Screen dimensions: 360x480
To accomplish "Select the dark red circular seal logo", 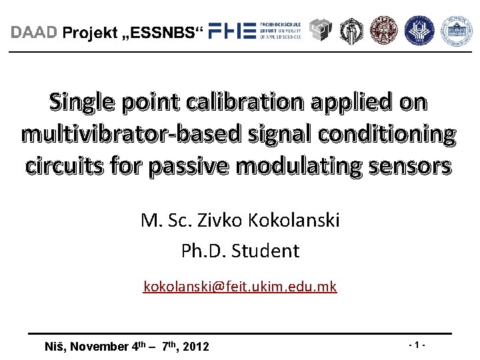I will pos(383,29).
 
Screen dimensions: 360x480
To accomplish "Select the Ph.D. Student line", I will pos(240,251).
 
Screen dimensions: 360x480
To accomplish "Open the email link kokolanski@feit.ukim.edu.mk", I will pos(240,287).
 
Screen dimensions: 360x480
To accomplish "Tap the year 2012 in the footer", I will pos(195,346).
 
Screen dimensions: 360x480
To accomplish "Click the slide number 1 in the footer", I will pos(417,345).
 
